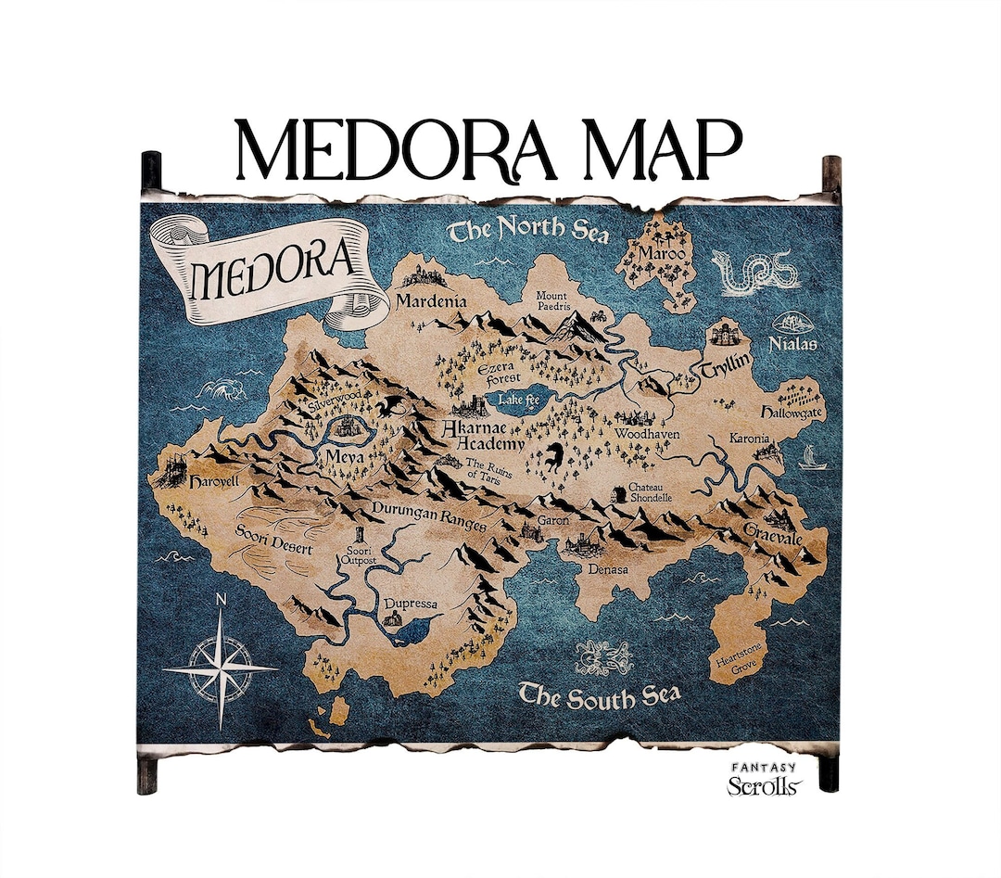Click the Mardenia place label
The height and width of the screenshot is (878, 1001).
coord(430,300)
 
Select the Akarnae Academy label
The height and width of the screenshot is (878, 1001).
coord(483,436)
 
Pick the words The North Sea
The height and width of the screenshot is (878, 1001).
coord(528,229)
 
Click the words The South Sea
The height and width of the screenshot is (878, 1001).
coord(599,694)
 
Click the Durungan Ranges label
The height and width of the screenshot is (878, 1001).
coord(429,516)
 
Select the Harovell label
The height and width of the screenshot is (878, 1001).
coord(213,483)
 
